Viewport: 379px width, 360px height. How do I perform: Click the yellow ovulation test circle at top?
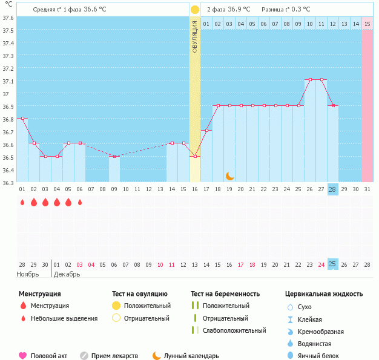point(194,10)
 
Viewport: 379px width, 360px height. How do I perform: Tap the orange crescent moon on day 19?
point(229,175)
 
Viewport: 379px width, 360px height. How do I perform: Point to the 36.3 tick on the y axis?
point(8,182)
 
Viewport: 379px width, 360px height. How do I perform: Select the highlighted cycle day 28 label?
point(332,189)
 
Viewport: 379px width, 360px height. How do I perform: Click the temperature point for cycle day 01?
point(22,119)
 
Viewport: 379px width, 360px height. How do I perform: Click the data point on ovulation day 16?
point(194,157)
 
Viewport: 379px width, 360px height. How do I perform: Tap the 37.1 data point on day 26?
point(309,80)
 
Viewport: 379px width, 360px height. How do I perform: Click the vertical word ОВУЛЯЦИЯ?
point(194,36)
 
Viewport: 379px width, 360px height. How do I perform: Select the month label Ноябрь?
point(28,274)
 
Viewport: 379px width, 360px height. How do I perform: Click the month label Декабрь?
point(67,274)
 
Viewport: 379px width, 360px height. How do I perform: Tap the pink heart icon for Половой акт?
point(23,356)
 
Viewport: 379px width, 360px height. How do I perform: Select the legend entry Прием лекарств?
point(114,356)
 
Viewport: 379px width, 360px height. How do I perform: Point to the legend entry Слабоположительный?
point(234,330)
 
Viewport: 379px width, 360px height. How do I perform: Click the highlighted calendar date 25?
point(332,264)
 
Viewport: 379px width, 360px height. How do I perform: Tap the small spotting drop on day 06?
point(80,202)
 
